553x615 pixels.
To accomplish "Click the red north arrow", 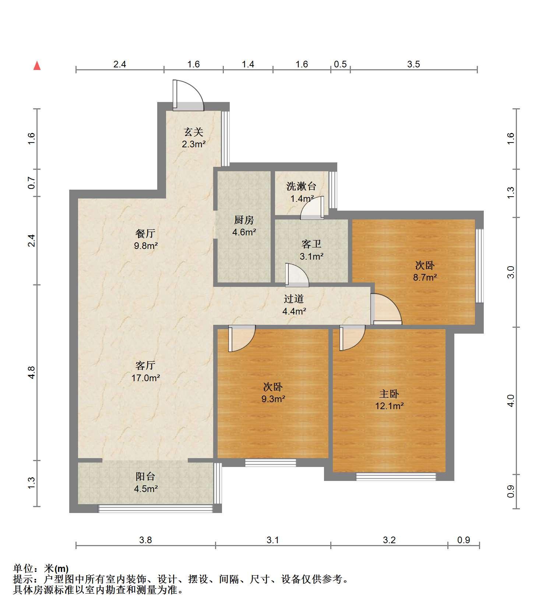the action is tap(37, 66).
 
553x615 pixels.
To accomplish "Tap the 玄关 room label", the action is tap(194, 131).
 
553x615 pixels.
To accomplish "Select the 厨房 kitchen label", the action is tap(244, 220).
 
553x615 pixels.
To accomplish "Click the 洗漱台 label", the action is tap(301, 186).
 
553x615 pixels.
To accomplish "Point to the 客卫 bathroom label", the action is tap(311, 244).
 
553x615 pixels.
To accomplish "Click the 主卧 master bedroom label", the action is tap(389, 394).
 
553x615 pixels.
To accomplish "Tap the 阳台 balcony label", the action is tap(145, 476).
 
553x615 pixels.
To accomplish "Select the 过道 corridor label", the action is tap(294, 299).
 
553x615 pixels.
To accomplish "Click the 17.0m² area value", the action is tap(146, 377).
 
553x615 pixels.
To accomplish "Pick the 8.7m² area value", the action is tap(425, 277).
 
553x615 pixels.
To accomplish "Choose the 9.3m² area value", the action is tap(273, 398).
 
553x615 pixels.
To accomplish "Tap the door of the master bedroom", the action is tap(352, 338).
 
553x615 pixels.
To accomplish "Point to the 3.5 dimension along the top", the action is tap(413, 64).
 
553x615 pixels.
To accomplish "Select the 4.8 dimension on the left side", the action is tap(32, 372).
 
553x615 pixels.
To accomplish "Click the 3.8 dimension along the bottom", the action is tap(145, 540).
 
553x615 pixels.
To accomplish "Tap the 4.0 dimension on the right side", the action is tap(511, 401).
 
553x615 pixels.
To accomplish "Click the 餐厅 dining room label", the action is tap(145, 233).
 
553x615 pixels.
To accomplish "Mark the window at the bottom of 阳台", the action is tap(155, 509).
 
